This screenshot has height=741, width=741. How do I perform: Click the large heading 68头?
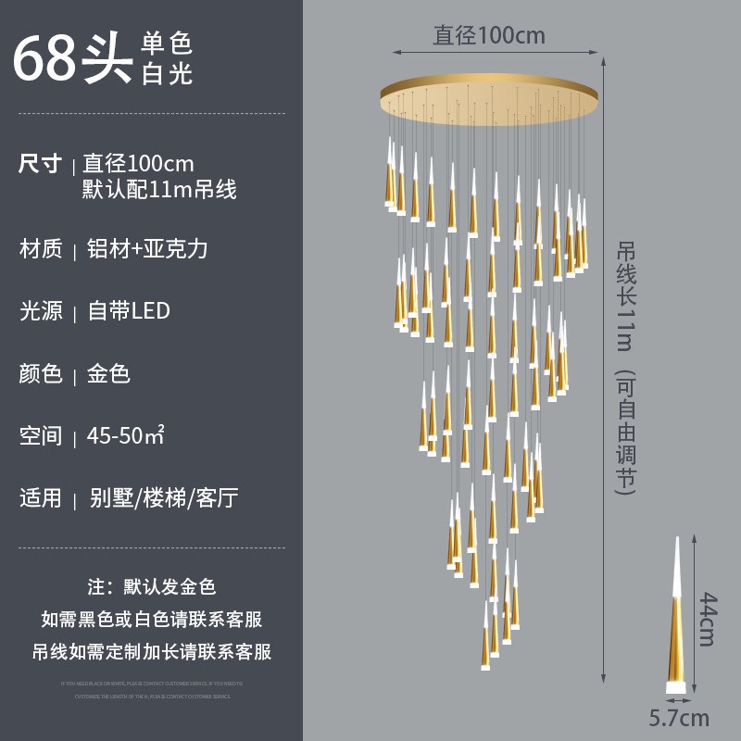click(x=71, y=58)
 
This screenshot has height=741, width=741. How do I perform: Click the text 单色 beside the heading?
click(x=167, y=43)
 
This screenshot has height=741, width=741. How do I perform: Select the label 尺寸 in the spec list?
click(x=41, y=164)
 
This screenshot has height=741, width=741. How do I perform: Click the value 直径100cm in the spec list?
click(x=139, y=164)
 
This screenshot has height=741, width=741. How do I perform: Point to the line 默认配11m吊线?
click(x=159, y=190)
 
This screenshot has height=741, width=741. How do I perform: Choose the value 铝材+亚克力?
click(x=147, y=249)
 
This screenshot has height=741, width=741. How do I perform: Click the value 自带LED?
click(x=129, y=311)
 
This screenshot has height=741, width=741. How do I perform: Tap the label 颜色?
click(x=41, y=374)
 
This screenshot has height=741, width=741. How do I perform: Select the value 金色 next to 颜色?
click(x=108, y=374)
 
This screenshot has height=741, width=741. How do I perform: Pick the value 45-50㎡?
click(x=126, y=435)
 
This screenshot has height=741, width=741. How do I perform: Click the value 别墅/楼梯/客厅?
click(x=164, y=498)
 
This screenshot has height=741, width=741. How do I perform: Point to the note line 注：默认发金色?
click(x=151, y=586)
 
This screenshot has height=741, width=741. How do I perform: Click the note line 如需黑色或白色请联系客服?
click(x=152, y=619)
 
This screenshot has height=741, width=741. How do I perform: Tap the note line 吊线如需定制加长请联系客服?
click(x=152, y=651)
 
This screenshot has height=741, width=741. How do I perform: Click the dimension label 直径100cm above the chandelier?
click(x=489, y=36)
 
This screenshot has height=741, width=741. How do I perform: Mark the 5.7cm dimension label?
click(x=678, y=717)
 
